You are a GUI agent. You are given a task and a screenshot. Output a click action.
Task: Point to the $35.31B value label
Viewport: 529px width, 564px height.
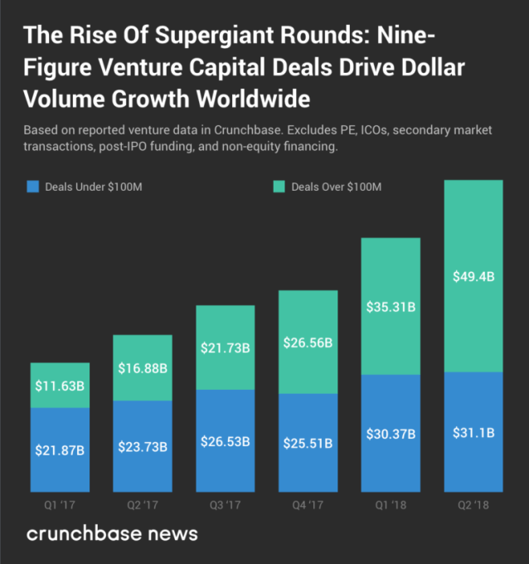click(391, 307)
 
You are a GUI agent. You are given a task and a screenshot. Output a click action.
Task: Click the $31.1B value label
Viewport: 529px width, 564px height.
click(473, 432)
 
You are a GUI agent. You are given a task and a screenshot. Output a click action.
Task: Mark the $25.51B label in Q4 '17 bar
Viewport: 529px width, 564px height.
click(308, 444)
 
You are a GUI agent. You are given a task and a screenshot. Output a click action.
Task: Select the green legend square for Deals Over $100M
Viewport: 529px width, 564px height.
click(279, 187)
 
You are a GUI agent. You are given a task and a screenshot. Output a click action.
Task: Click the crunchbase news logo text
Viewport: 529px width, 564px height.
click(112, 533)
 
